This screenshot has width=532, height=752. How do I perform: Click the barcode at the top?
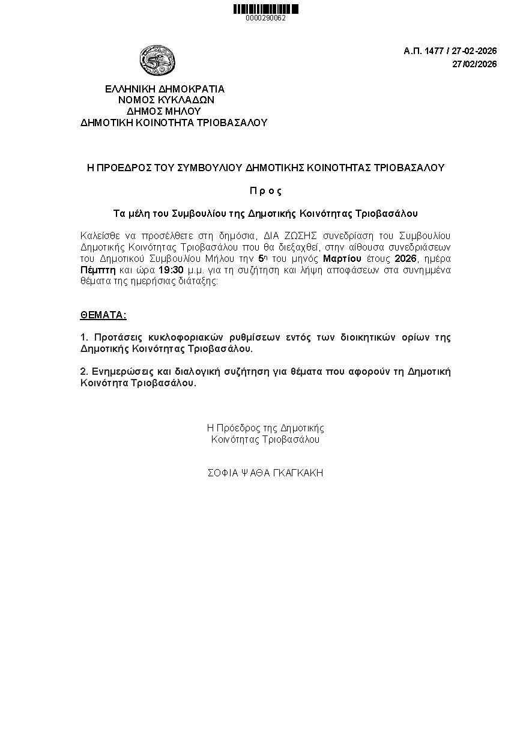(265, 9)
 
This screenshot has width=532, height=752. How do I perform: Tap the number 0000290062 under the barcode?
(265, 18)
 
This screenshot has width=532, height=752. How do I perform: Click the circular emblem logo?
(157, 61)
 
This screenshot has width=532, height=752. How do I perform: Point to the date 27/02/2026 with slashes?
(474, 65)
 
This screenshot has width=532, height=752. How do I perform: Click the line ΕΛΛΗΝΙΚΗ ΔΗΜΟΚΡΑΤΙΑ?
(165, 89)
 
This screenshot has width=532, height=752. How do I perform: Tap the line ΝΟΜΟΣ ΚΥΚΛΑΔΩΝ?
(166, 100)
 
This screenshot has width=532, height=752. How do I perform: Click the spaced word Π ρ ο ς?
(265, 191)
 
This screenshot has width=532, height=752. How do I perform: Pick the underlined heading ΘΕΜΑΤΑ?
(103, 315)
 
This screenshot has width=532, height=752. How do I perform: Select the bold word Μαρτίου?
(342, 259)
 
